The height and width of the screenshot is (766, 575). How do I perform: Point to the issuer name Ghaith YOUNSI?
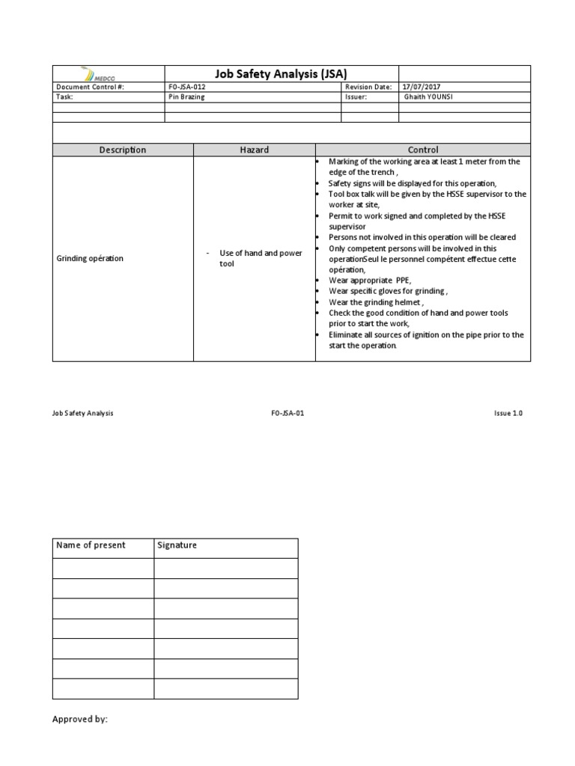(430, 97)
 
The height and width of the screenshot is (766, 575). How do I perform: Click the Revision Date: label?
(368, 87)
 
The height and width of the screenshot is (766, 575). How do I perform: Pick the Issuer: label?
(356, 97)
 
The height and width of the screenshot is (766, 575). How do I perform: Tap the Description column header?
(123, 150)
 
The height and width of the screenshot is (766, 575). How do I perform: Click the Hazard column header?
(254, 150)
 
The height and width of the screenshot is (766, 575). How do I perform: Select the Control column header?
(422, 150)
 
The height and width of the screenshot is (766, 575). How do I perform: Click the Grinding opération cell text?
(91, 259)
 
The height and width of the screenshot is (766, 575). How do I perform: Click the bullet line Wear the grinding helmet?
(375, 302)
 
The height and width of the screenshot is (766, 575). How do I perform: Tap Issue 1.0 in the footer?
(508, 413)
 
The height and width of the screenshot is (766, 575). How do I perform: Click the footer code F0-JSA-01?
(287, 413)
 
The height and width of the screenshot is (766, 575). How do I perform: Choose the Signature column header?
(177, 545)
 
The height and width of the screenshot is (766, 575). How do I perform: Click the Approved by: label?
(80, 719)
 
